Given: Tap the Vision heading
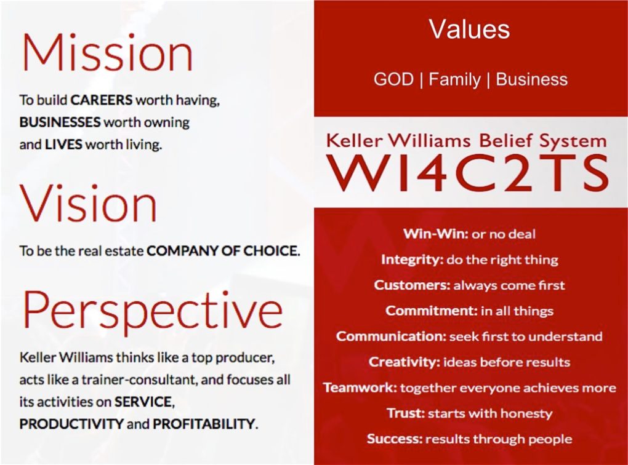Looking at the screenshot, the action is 89,203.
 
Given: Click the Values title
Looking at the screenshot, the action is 469,29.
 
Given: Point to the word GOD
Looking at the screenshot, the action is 393,79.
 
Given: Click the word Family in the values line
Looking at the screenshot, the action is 454,79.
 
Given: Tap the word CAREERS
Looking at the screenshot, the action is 102,100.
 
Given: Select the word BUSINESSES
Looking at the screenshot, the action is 60,122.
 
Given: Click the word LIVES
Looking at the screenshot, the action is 63,144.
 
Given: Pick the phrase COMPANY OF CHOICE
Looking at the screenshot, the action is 223,251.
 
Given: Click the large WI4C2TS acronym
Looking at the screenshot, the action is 468,173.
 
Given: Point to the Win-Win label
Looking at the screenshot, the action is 435,233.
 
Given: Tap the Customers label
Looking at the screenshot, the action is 412,285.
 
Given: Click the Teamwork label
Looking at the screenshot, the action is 360,387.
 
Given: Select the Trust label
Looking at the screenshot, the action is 405,413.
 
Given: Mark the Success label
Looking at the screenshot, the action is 395,439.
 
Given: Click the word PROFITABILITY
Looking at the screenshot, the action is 203,423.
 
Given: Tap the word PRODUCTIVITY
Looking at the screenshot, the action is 71,423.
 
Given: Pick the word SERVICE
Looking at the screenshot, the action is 143,402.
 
